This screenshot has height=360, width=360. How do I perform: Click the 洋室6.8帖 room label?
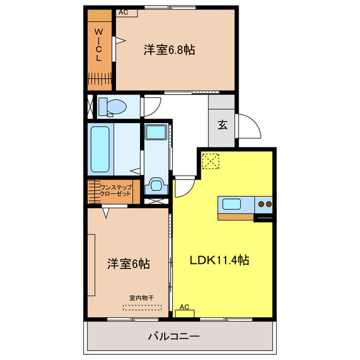click(169, 51)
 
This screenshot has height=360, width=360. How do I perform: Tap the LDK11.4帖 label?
click(219, 260)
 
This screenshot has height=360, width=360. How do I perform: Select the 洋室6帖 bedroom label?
click(129, 263)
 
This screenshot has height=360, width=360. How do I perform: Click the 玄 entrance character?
click(222, 125)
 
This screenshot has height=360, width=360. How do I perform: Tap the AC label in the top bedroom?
click(124, 12)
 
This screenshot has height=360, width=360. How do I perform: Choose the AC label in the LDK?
click(184, 307)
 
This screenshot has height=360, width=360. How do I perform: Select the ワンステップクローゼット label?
click(115, 190)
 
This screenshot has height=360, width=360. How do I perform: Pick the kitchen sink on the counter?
click(232, 204)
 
